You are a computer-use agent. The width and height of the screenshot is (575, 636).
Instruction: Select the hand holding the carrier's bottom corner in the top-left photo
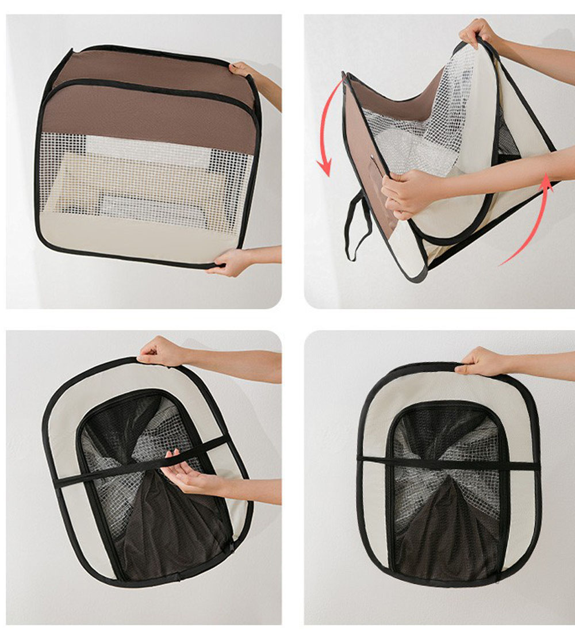233,262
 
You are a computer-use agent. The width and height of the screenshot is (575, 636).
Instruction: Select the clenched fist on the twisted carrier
405,193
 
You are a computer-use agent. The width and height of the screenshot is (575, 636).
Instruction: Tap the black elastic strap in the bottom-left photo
144,465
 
